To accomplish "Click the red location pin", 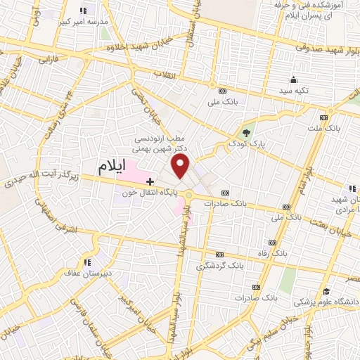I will tap(181, 166).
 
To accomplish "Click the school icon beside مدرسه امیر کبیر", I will tap(84, 11).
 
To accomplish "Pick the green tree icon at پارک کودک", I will tap(245, 132).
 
